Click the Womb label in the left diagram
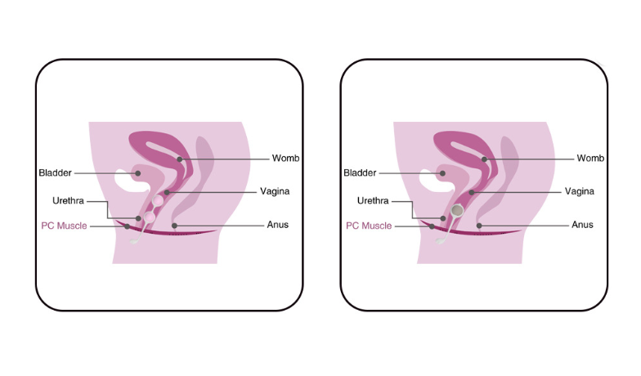coord(285,159)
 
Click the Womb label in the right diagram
coord(590,159)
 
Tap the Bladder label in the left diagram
coord(56,173)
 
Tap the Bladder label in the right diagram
coord(360,173)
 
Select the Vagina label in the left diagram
coord(275,191)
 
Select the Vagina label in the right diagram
coord(579,191)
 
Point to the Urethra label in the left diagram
coord(69,201)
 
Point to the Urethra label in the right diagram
coord(373,201)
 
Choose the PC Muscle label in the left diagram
coord(64,226)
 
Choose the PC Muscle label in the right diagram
coord(369,226)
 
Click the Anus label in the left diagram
coord(278,225)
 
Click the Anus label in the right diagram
coord(582,225)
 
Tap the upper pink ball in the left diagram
coord(158,201)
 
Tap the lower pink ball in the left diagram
coord(150,217)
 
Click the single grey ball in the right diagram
coord(457,210)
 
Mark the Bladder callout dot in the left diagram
coord(137,173)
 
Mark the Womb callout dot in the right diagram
coord(484,159)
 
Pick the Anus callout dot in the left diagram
coord(175,226)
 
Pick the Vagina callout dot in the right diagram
coord(471,192)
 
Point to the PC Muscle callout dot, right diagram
coord(432,226)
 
